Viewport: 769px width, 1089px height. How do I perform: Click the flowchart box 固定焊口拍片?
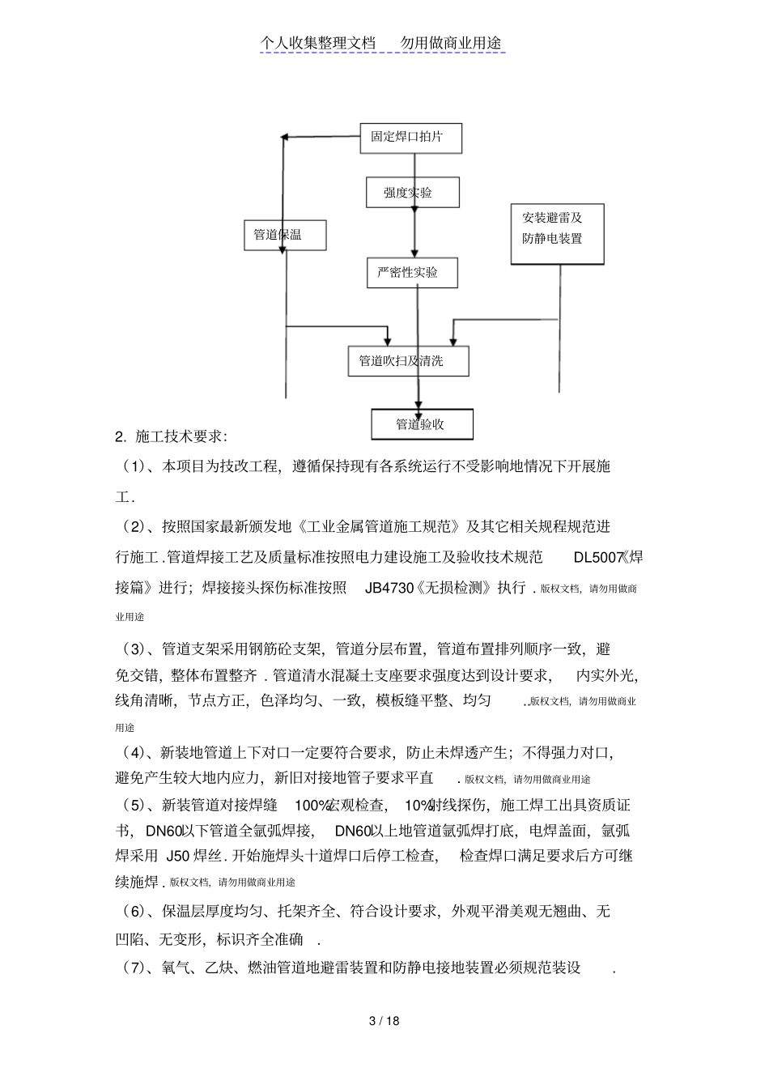(x=410, y=138)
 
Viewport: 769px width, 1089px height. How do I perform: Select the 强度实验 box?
(x=412, y=193)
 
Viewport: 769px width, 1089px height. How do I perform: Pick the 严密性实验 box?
(x=412, y=273)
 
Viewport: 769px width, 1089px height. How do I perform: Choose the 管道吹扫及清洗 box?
(x=408, y=361)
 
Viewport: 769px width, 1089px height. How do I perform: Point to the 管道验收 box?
(x=422, y=424)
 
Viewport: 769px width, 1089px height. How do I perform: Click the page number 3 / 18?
(x=384, y=1020)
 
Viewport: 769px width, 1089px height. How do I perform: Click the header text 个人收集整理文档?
(x=319, y=43)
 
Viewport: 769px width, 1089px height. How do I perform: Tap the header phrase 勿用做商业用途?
(x=451, y=43)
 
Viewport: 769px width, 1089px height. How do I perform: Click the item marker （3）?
(x=133, y=649)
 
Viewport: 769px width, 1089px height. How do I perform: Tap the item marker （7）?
(x=133, y=967)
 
